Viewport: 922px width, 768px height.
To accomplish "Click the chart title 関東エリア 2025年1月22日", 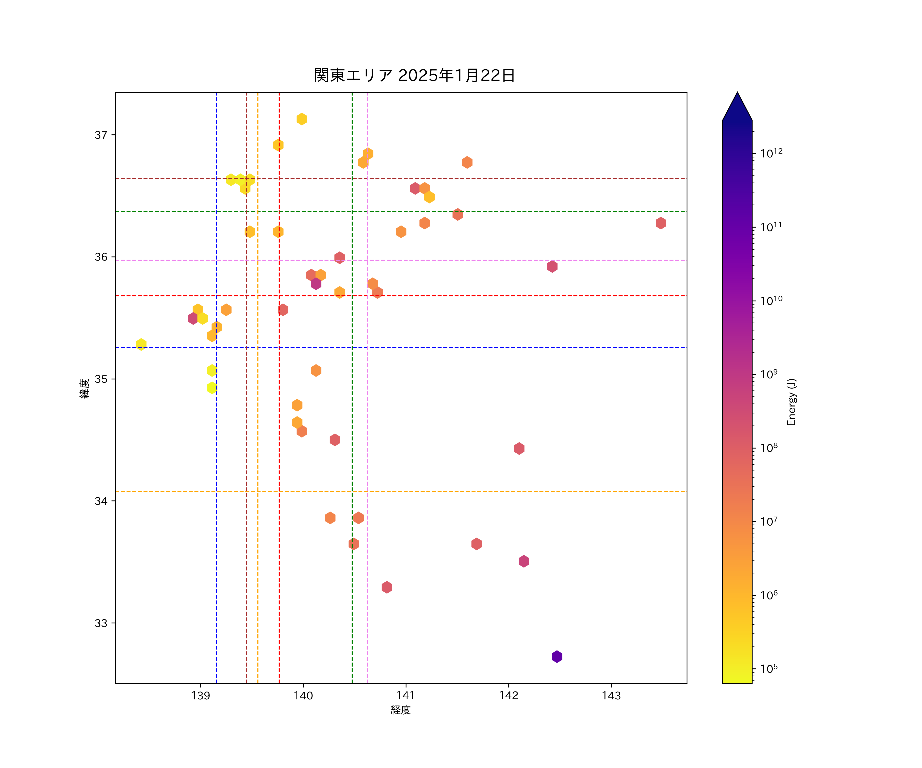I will coord(414,76).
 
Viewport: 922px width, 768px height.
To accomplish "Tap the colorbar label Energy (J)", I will coord(791,402).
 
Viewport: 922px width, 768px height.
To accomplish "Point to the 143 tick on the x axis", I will coord(611,696).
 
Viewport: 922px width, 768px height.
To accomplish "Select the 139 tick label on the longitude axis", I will coord(201,696).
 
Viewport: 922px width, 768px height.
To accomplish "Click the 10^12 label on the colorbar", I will coord(771,153).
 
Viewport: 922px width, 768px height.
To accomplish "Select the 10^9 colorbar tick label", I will coord(769,374).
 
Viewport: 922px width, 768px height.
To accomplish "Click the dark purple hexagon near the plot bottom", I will coord(557,657).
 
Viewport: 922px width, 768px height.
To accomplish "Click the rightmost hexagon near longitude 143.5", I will coord(661,223).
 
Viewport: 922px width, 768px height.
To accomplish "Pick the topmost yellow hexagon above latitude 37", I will coord(302,119).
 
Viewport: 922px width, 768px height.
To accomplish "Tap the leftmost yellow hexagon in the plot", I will coord(141,344).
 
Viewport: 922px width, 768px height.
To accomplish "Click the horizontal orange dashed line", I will coord(439,492).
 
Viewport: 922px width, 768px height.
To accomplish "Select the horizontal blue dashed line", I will coord(439,347).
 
